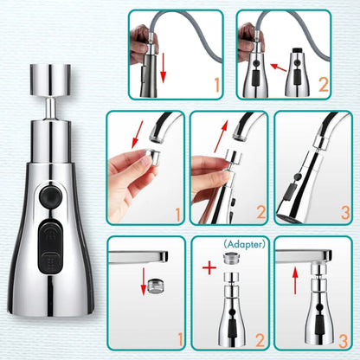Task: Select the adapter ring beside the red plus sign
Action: pyautogui.click(x=230, y=260)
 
